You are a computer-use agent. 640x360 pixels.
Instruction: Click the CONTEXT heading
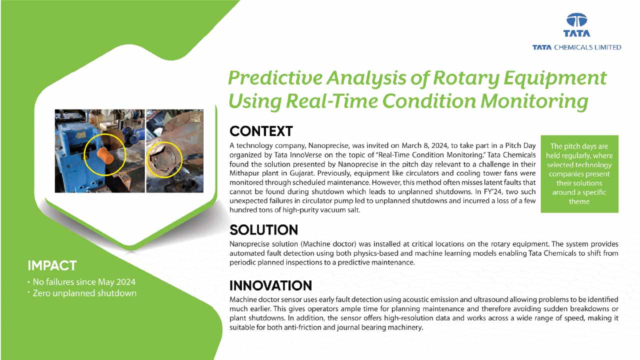(261, 131)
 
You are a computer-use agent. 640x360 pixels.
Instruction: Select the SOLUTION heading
(263, 230)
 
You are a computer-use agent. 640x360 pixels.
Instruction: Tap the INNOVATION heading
(270, 285)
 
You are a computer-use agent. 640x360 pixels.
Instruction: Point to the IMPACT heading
(52, 265)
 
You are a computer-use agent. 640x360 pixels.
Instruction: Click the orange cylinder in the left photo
(105, 154)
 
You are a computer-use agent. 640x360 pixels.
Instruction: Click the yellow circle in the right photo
(164, 160)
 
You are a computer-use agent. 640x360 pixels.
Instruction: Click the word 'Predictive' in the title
(275, 78)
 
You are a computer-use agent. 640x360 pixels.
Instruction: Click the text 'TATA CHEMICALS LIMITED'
(576, 47)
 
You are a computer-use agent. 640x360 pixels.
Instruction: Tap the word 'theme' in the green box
(579, 201)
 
